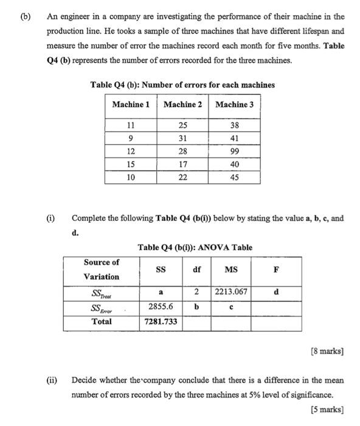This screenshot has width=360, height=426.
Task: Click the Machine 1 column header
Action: pyautogui.click(x=131, y=105)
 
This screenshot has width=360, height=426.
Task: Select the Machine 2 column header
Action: pyautogui.click(x=183, y=105)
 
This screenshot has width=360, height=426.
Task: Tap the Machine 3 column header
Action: pyautogui.click(x=235, y=105)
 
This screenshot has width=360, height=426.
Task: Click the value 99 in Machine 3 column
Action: pyautogui.click(x=235, y=151)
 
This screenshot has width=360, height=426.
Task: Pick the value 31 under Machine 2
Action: pyautogui.click(x=183, y=138)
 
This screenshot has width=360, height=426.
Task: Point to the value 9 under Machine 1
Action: pyautogui.click(x=131, y=138)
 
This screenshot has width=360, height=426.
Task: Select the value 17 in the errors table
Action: pyautogui.click(x=183, y=164)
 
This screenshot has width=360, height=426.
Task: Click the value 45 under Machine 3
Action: pyautogui.click(x=235, y=178)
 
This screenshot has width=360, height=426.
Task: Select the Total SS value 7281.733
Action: pyautogui.click(x=161, y=321)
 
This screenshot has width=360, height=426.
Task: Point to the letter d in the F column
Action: pyautogui.click(x=277, y=292)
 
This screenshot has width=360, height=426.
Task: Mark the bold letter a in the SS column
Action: pyautogui.click(x=161, y=293)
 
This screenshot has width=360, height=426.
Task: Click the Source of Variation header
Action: pyautogui.click(x=102, y=270)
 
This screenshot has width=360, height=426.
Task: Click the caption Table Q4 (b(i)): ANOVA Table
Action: pyautogui.click(x=195, y=247)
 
